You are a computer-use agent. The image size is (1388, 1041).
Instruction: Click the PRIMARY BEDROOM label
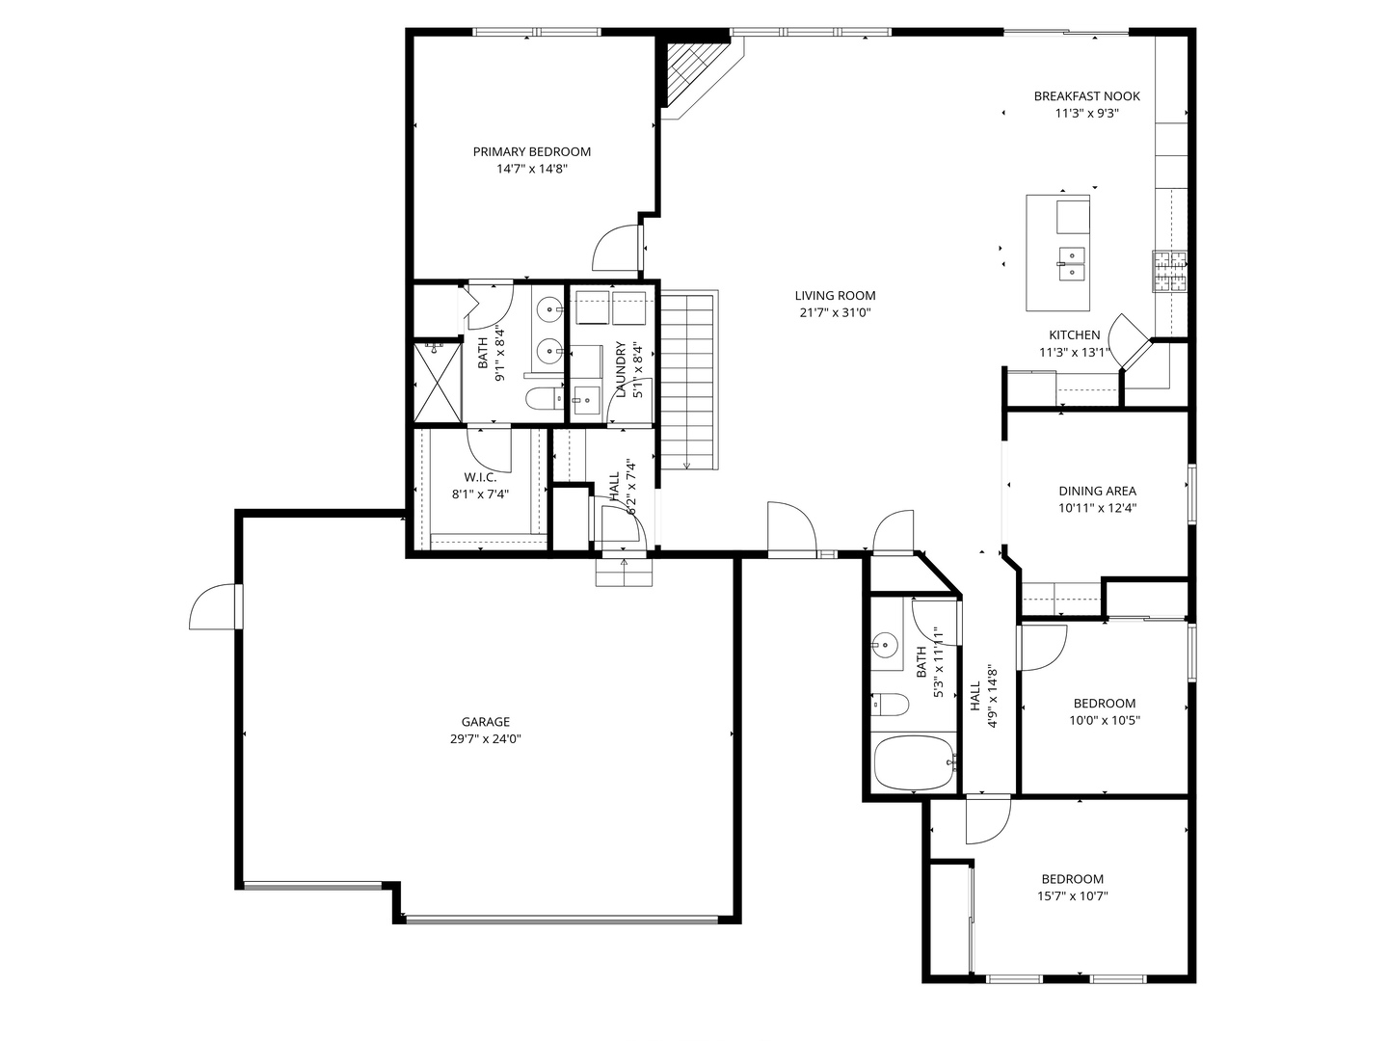pos(532,151)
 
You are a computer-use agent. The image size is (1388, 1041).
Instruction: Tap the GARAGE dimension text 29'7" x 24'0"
pos(485,738)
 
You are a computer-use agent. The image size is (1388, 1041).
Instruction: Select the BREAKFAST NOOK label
pos(1086,96)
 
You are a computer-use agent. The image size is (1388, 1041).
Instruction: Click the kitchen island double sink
pos(1071,263)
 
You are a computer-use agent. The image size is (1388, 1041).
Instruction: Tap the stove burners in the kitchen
pos(1169,271)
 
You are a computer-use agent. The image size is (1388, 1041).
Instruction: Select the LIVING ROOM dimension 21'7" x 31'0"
pos(835,312)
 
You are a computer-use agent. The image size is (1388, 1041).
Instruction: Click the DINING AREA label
pos(1097,491)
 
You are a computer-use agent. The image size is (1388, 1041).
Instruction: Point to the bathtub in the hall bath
pos(914,761)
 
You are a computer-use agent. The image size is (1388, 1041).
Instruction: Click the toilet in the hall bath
pos(890,704)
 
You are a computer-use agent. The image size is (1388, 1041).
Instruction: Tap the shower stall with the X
pos(437,383)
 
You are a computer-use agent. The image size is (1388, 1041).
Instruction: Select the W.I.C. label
pos(480,477)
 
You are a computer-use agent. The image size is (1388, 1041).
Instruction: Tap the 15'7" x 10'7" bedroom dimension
pos(1072,895)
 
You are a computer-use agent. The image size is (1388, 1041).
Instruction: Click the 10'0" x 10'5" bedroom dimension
pos(1104,720)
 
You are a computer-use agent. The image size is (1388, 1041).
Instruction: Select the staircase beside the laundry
pos(689,380)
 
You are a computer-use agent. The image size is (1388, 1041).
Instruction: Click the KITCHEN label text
pos(1074,335)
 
